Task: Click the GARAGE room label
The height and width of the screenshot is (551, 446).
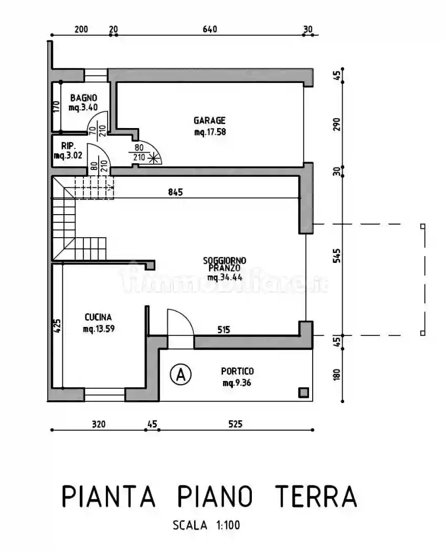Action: click(x=209, y=121)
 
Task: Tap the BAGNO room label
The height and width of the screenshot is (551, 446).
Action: click(x=83, y=98)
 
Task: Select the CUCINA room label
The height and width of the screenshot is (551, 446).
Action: click(x=98, y=317)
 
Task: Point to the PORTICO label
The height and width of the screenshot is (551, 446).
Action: click(x=237, y=371)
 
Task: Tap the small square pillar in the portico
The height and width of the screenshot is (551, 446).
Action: click(x=303, y=392)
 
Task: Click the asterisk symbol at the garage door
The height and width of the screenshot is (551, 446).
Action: click(x=153, y=157)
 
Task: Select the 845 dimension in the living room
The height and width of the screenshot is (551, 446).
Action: click(x=176, y=192)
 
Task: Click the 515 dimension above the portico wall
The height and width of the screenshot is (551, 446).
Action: click(x=224, y=330)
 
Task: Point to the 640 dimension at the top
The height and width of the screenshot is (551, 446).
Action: click(x=209, y=29)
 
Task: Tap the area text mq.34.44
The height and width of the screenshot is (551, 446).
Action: click(x=225, y=277)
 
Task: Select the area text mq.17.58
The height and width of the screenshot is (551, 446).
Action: click(x=210, y=132)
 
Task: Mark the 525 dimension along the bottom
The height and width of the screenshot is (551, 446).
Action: click(x=236, y=424)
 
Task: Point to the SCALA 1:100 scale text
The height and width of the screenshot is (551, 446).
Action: click(x=206, y=525)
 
